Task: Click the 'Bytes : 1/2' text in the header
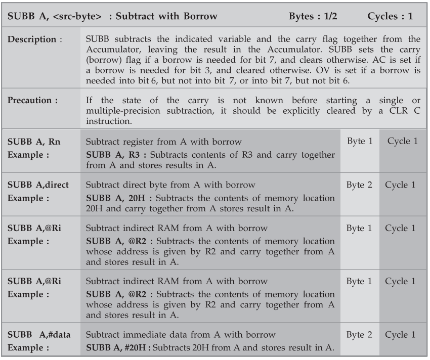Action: click(313, 16)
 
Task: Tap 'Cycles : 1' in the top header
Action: click(390, 16)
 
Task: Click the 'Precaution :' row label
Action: click(33, 101)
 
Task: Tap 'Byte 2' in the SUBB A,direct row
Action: click(359, 185)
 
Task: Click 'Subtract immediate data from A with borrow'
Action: click(181, 335)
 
